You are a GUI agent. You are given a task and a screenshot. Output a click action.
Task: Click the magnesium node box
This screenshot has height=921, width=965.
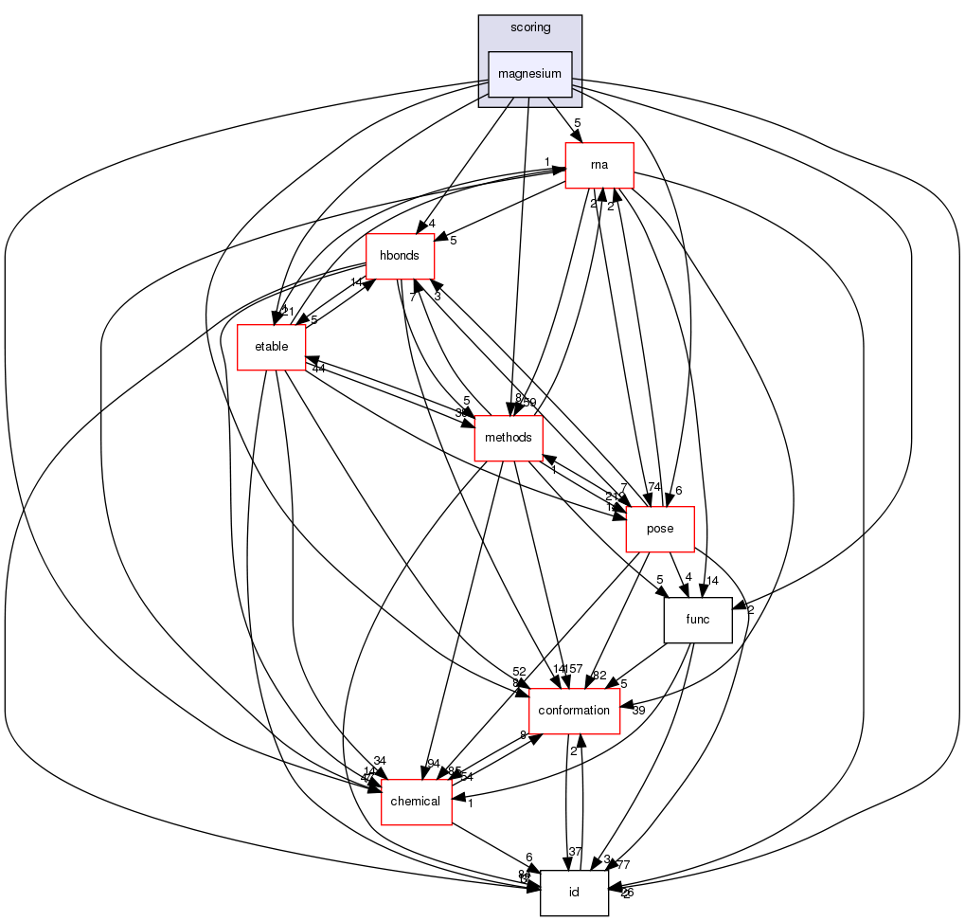(529, 74)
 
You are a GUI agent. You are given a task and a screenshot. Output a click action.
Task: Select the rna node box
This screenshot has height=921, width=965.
(599, 165)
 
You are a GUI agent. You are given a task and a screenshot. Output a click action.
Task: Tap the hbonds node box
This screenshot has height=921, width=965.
(400, 256)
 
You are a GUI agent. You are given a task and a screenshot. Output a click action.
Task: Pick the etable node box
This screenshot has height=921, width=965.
(270, 347)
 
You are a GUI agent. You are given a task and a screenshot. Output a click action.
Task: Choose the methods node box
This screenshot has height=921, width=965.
(509, 438)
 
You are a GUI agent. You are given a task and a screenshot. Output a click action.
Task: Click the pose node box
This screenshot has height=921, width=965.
(660, 529)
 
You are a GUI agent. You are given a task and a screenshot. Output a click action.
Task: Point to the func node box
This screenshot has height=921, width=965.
(704, 620)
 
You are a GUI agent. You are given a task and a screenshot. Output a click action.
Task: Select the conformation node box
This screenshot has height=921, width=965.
(574, 711)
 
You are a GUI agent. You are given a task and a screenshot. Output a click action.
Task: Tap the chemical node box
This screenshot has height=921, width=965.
(416, 802)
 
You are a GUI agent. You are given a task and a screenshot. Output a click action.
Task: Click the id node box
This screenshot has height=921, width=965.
(574, 893)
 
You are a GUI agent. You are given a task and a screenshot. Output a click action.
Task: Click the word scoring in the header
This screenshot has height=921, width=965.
(529, 27)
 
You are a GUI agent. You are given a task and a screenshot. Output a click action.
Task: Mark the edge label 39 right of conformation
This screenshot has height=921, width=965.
(638, 711)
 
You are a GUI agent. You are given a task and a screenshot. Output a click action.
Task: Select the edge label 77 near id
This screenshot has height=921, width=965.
(623, 865)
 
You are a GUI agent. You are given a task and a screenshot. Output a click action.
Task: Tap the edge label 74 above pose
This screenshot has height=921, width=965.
(653, 486)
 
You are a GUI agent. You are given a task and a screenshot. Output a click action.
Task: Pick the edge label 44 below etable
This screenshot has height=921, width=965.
(319, 369)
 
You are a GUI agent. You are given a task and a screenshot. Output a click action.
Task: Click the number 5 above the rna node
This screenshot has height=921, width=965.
(577, 122)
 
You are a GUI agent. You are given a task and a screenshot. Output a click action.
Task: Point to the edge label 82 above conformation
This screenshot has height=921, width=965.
(599, 674)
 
